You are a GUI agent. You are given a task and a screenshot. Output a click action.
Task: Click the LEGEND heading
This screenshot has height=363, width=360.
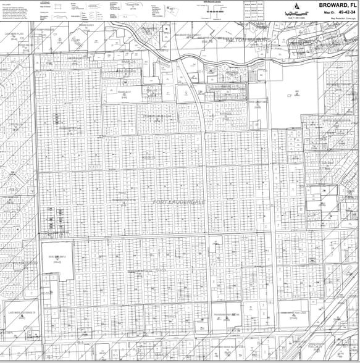click(44, 2)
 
